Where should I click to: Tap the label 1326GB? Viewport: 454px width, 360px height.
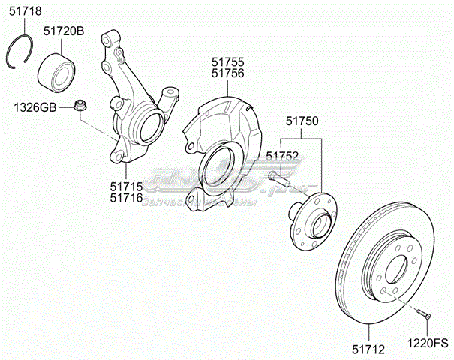pos(35,107)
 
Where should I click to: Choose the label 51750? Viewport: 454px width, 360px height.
pos(302,121)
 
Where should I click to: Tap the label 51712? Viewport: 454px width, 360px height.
pos(368,347)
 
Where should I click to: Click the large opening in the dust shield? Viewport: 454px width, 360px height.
pos(220,166)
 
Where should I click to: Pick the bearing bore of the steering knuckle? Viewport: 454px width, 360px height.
pos(147,124)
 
